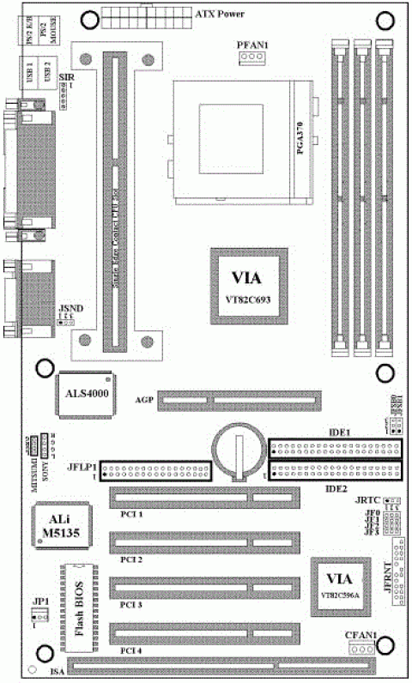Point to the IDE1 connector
tap(335, 449)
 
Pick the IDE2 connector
tap(335, 470)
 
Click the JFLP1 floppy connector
tap(156, 469)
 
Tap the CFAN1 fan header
tap(361, 649)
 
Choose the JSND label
tap(70, 307)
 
